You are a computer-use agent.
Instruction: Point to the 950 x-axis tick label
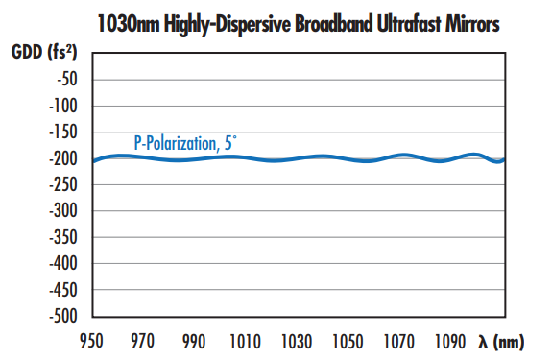coord(91,342)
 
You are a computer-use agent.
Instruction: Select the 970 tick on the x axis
coord(142,342)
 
